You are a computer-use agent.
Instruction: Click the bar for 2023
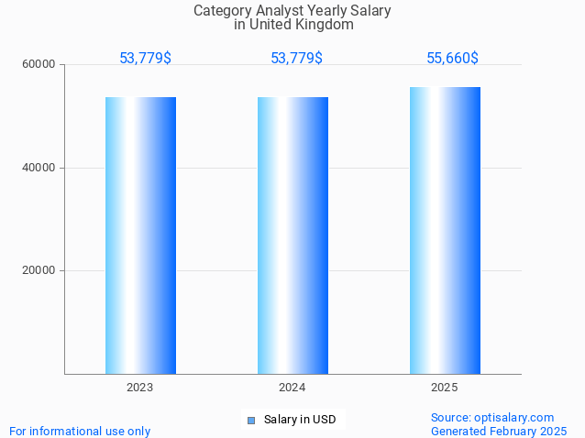[140, 235]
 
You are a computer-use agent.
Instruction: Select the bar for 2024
[292, 235]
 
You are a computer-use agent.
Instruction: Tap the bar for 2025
[445, 230]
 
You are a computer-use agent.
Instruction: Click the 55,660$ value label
[452, 59]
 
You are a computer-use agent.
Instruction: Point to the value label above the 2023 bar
[145, 59]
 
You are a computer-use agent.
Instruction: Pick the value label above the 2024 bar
[296, 59]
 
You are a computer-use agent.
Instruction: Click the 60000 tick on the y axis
[39, 65]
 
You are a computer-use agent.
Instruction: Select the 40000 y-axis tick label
[39, 168]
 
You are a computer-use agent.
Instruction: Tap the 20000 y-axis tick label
[39, 270]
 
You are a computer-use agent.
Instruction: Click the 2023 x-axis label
[140, 388]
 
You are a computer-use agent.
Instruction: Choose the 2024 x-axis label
[292, 388]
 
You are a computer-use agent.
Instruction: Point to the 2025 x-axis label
[445, 388]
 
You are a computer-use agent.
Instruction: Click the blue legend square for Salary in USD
[251, 421]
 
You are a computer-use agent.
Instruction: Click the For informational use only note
[80, 431]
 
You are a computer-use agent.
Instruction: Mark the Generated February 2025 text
[499, 431]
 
